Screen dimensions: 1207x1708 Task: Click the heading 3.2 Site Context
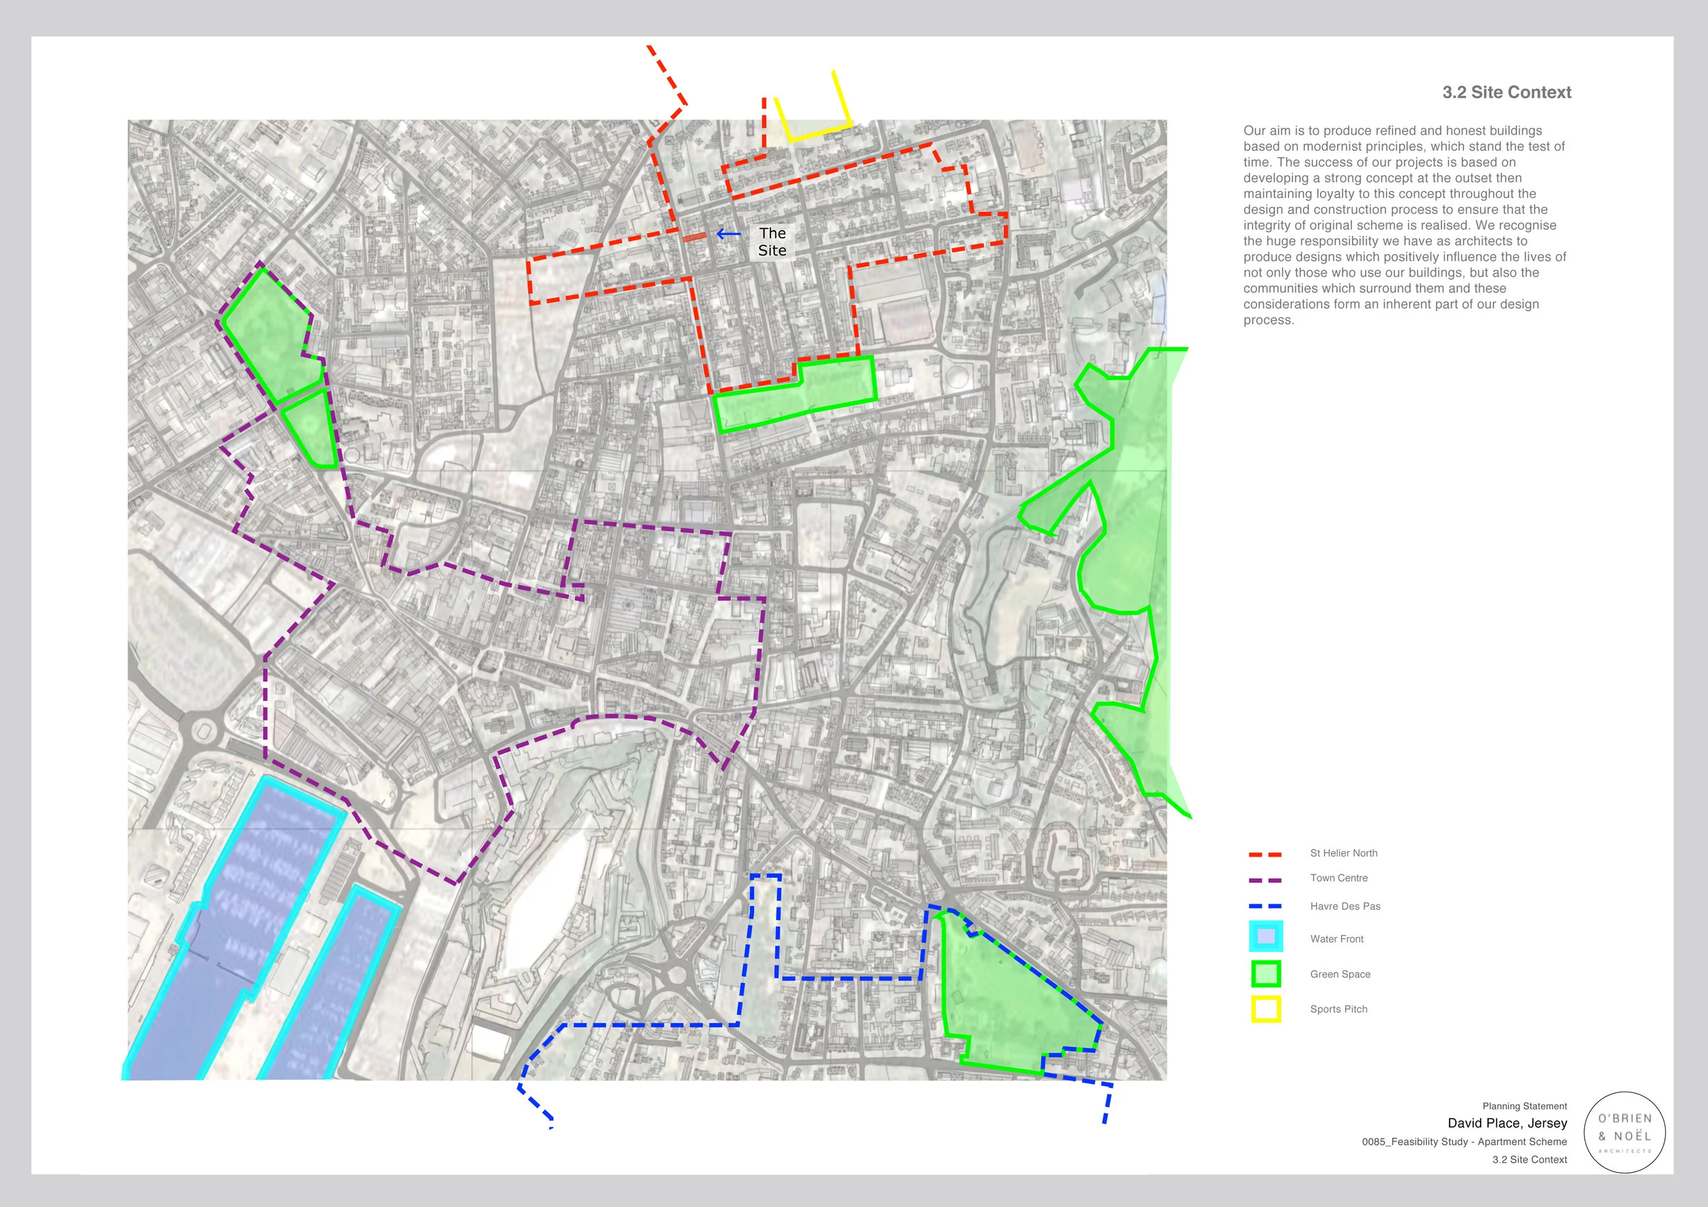click(1506, 92)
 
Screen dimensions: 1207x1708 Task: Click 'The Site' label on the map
click(772, 242)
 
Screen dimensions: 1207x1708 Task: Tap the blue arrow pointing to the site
click(728, 234)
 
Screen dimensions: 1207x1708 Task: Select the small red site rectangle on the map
click(695, 236)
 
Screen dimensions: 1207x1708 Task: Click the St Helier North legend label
click(1343, 853)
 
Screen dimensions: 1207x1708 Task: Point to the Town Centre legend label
click(1338, 878)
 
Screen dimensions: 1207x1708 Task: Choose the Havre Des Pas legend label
click(1345, 906)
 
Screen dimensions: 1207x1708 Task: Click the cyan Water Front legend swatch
click(1265, 937)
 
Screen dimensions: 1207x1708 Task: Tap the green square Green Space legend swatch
click(1265, 973)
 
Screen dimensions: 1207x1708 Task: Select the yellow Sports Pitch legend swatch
click(1265, 1009)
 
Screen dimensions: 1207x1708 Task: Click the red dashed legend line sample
click(1265, 855)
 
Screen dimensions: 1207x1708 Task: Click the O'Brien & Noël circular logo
click(1625, 1133)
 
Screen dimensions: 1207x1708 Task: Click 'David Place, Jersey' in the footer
click(1506, 1123)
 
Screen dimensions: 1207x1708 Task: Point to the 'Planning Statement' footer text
click(1524, 1106)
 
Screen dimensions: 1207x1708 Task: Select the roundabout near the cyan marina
click(202, 730)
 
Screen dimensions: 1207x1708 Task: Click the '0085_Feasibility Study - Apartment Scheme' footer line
click(1464, 1141)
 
